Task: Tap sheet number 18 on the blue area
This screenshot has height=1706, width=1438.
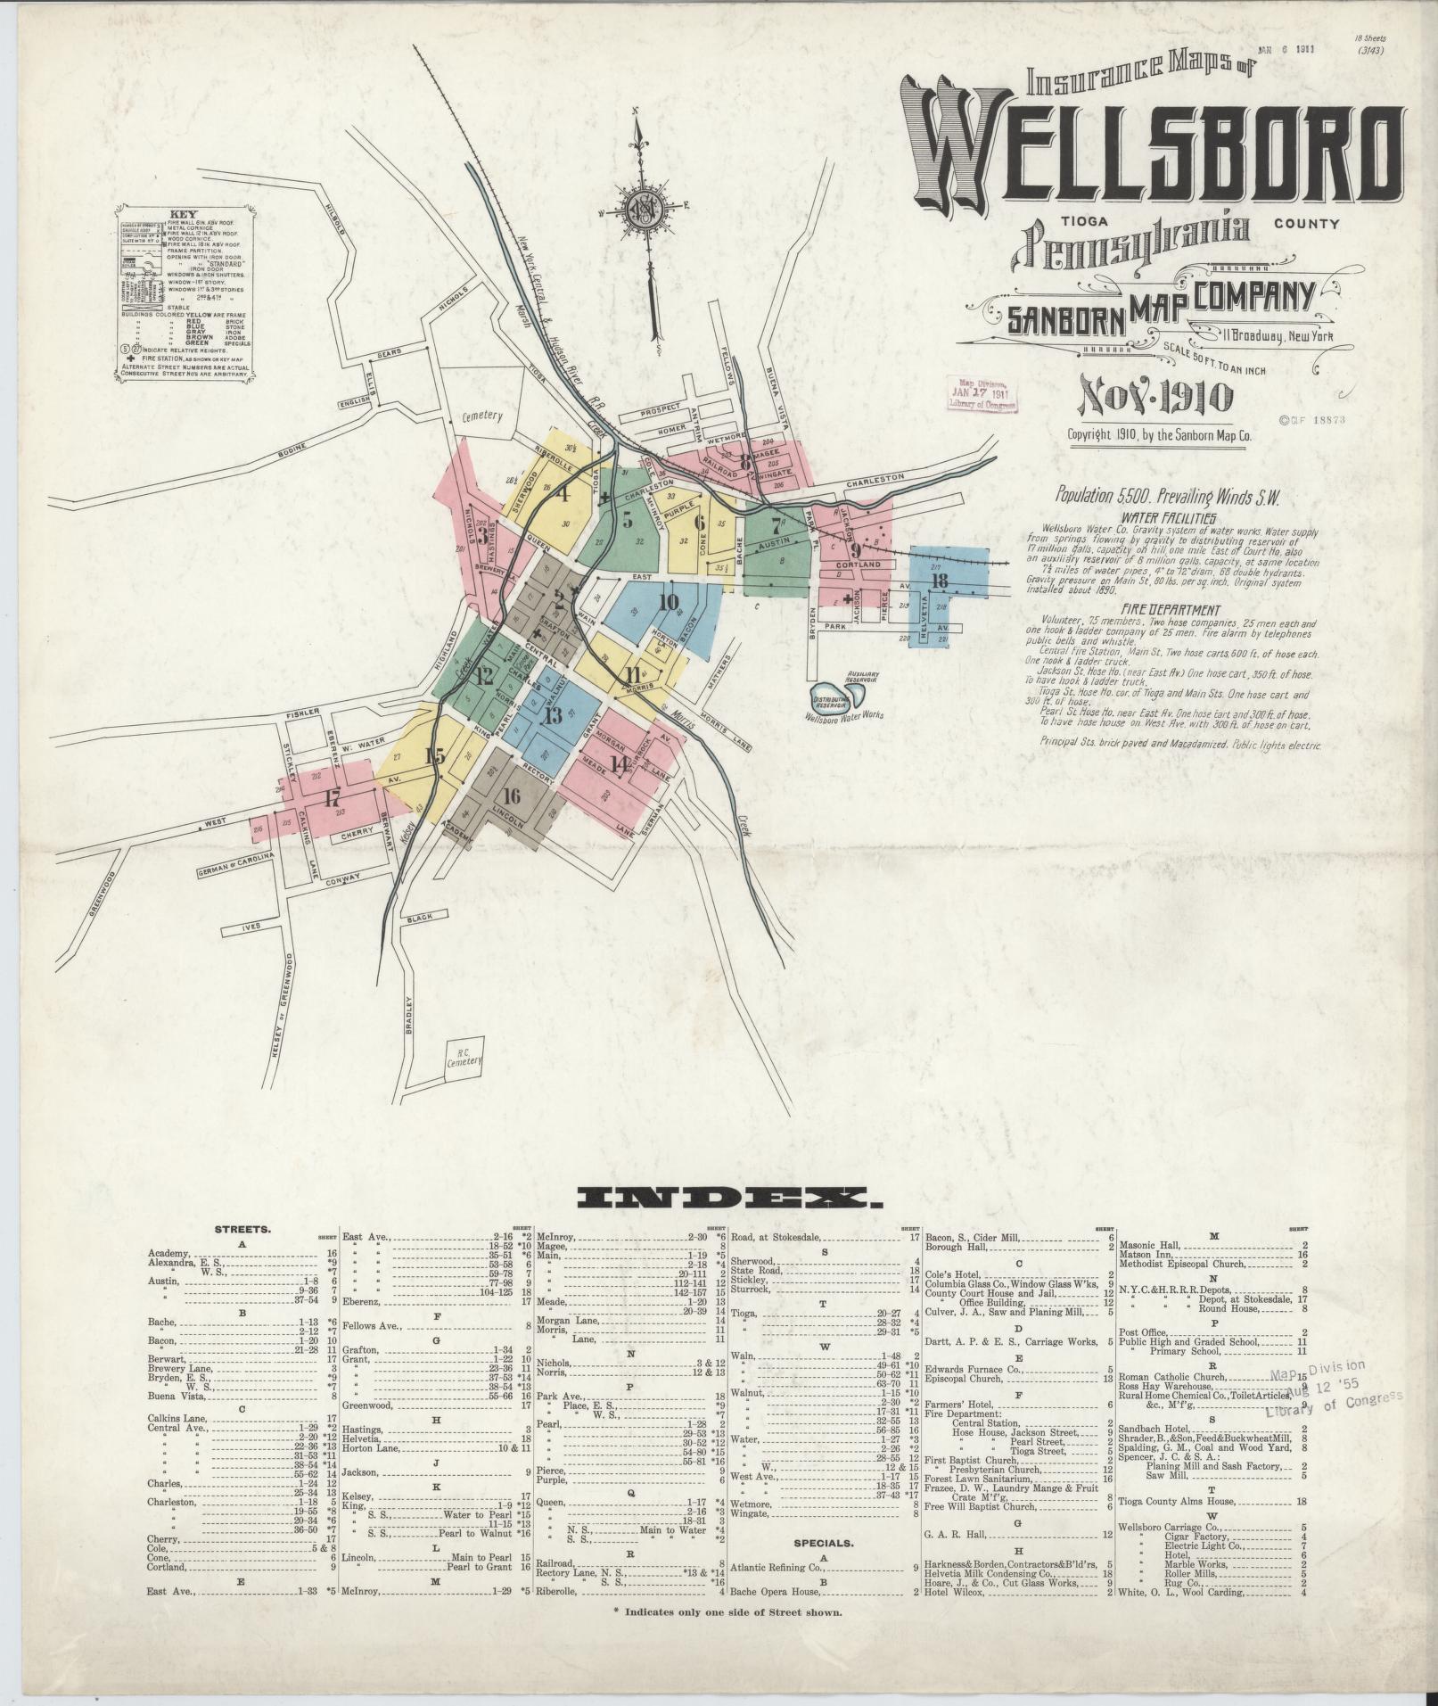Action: click(938, 581)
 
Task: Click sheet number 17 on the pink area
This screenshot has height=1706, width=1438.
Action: click(333, 796)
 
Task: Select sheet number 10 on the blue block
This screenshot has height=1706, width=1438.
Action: click(669, 601)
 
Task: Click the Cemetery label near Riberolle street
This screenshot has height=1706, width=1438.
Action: click(482, 416)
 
